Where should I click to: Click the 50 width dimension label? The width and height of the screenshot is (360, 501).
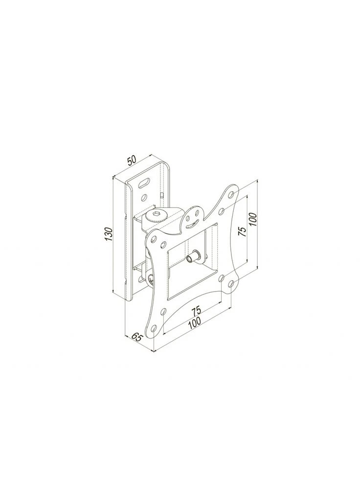click(x=132, y=160)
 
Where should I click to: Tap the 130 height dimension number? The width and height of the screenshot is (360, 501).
click(x=110, y=234)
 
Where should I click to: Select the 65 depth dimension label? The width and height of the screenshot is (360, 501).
click(x=136, y=337)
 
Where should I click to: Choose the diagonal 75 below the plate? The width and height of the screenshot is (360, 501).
click(x=197, y=311)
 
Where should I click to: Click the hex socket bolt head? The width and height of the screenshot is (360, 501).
click(x=155, y=216)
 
